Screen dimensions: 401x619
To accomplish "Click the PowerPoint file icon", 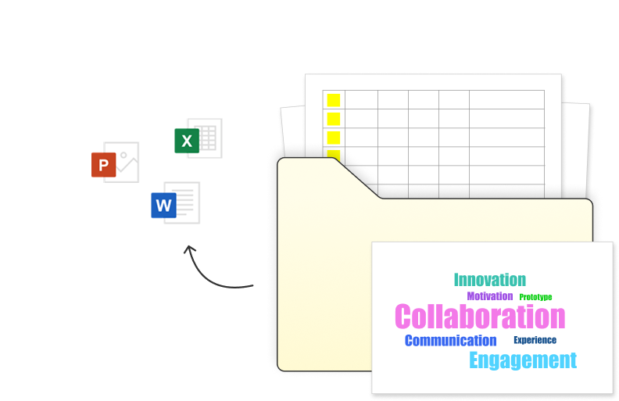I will (116, 163).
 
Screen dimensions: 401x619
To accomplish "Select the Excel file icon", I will (199, 138).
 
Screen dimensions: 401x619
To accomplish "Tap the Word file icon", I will (176, 203).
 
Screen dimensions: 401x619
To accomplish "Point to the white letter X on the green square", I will (186, 141).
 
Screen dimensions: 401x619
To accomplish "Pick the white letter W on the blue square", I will (163, 206).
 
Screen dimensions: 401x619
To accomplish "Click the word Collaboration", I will (479, 317).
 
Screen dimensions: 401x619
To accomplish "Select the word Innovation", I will (489, 280).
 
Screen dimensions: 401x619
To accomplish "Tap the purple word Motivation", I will (489, 296).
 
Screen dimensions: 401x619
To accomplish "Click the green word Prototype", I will (535, 297).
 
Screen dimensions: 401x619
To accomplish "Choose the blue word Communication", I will (450, 341).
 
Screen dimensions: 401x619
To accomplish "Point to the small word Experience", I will (535, 340).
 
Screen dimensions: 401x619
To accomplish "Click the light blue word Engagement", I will (522, 360).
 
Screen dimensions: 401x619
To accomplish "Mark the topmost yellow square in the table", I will (334, 100).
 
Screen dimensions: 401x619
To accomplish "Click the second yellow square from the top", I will (334, 119).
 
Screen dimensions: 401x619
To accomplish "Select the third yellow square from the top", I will (334, 138).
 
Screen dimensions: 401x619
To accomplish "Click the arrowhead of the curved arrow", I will (188, 250).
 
